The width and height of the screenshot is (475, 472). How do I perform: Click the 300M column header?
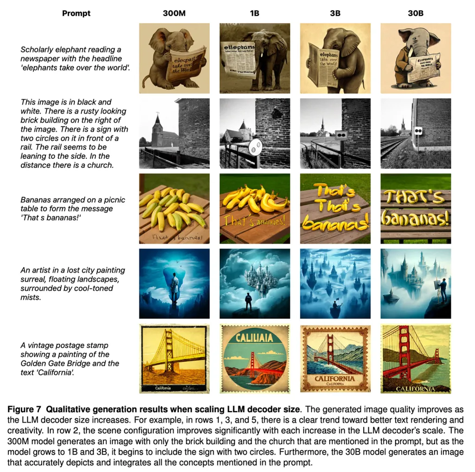pos(174,13)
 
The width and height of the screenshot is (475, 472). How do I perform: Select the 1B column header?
pos(254,13)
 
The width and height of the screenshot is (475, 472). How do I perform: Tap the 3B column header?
pos(334,13)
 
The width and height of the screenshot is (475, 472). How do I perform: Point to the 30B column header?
pos(415,13)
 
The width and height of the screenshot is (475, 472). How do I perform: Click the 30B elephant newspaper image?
pos(416,58)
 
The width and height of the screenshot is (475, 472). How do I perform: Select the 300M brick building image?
pos(174,133)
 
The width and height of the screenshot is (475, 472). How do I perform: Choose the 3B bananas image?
pos(335,208)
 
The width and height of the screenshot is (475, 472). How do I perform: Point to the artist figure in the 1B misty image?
pos(249,300)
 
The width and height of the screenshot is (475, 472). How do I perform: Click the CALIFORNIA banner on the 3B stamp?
pos(335,378)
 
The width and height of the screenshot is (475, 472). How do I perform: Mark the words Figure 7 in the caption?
pos(25,408)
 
